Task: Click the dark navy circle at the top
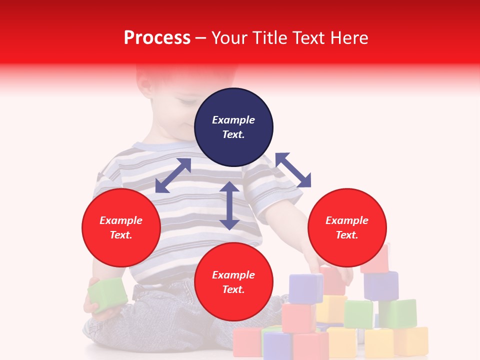(233, 127)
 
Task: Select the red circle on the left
(121, 228)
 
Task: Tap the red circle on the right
(347, 228)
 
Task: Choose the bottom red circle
(233, 282)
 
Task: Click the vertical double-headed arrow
(229, 205)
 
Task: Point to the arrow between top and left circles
(173, 175)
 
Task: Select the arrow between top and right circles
(293, 170)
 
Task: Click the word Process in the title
(157, 37)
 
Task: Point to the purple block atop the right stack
(381, 285)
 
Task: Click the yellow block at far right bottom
(411, 341)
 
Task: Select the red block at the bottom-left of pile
(247, 342)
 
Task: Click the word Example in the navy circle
(233, 120)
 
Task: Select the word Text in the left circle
(120, 235)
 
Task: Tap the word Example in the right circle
(347, 220)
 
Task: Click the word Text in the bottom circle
(233, 289)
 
